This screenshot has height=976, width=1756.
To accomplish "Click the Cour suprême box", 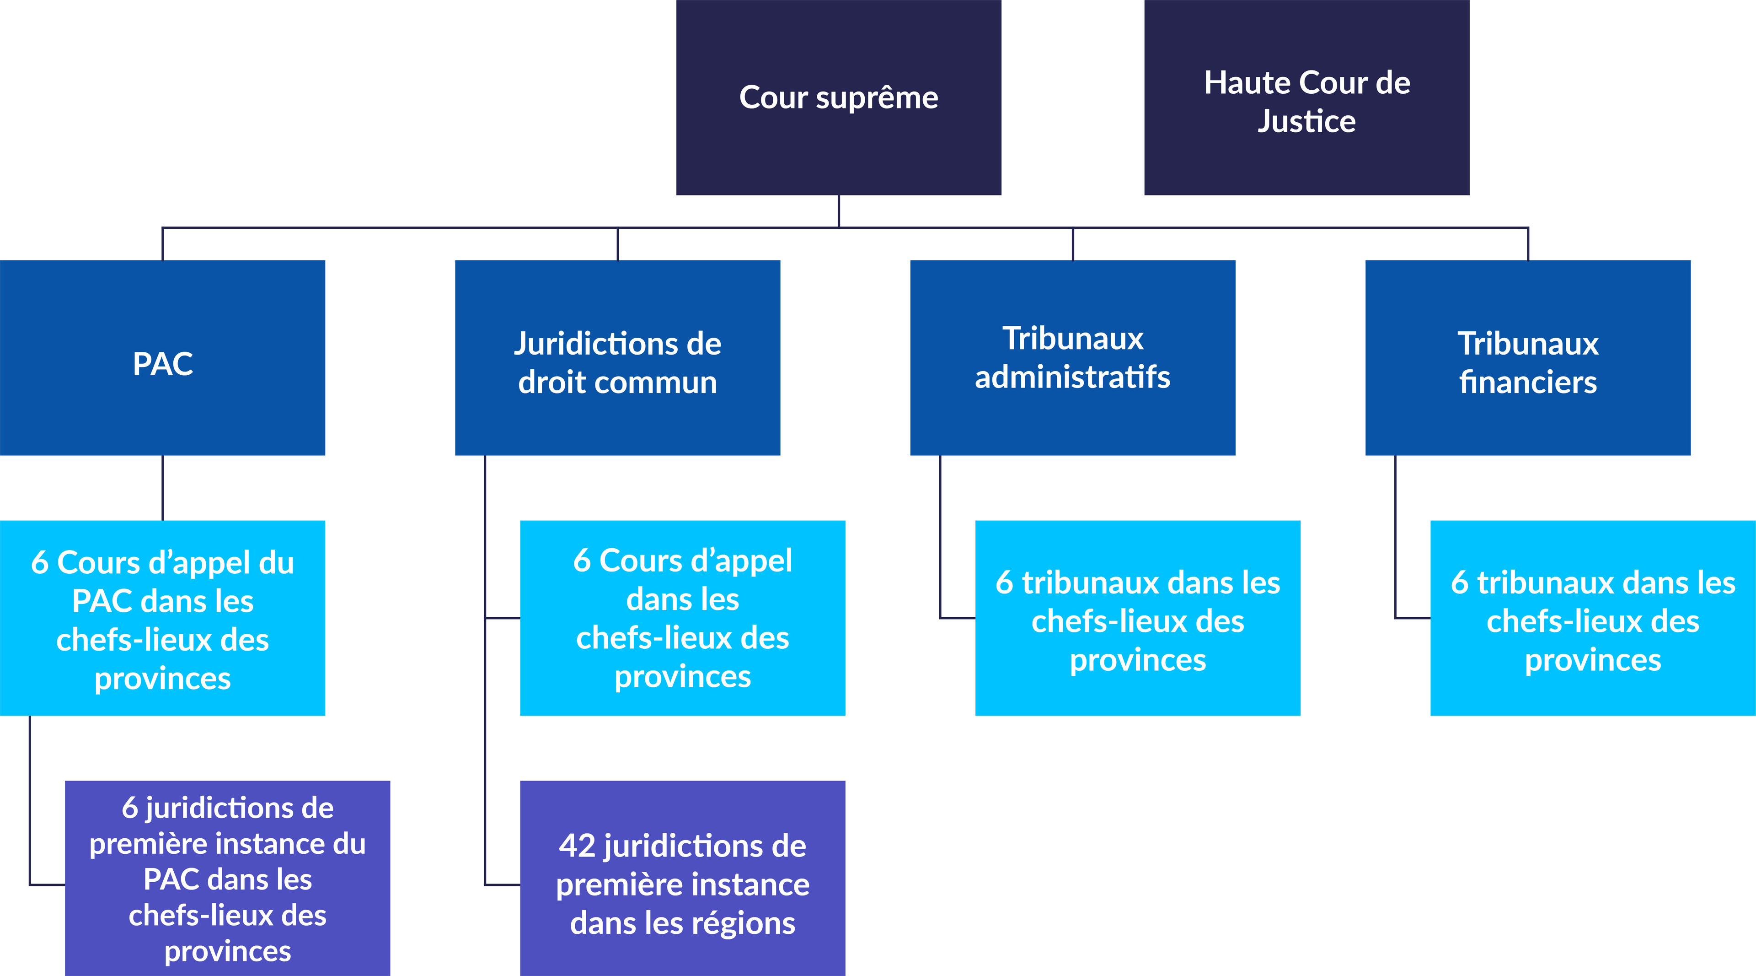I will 839,97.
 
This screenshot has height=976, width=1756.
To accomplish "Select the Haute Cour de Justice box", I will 1306,97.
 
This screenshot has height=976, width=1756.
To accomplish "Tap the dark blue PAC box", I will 162,357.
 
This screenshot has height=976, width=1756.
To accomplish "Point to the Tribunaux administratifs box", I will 1072,357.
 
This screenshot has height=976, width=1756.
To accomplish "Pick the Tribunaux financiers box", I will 1528,357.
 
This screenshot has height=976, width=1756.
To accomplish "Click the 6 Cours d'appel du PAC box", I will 162,618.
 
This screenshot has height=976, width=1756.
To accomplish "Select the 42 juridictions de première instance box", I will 682,878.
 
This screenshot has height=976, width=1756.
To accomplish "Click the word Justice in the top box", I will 1306,121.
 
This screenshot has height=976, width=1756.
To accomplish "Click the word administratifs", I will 1072,377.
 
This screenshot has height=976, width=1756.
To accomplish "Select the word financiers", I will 1528,382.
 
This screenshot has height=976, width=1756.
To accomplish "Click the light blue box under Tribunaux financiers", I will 1592,618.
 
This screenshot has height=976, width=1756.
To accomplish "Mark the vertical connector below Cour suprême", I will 839,211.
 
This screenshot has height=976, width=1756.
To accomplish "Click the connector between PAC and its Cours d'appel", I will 162,488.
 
